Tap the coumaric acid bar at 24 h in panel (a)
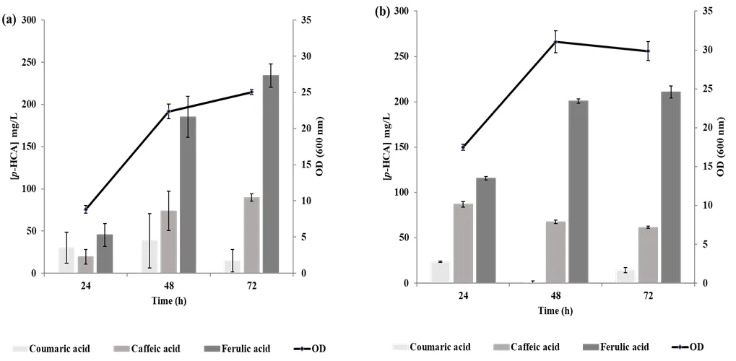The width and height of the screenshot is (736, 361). pos(66,260)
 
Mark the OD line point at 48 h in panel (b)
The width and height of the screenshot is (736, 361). pos(555,41)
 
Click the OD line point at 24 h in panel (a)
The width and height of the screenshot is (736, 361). pos(85,209)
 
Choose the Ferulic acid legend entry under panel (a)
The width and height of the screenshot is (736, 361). pos(241,349)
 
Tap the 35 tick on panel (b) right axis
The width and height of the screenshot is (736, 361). pos(703,12)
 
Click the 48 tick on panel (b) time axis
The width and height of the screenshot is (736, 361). pos(555,296)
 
